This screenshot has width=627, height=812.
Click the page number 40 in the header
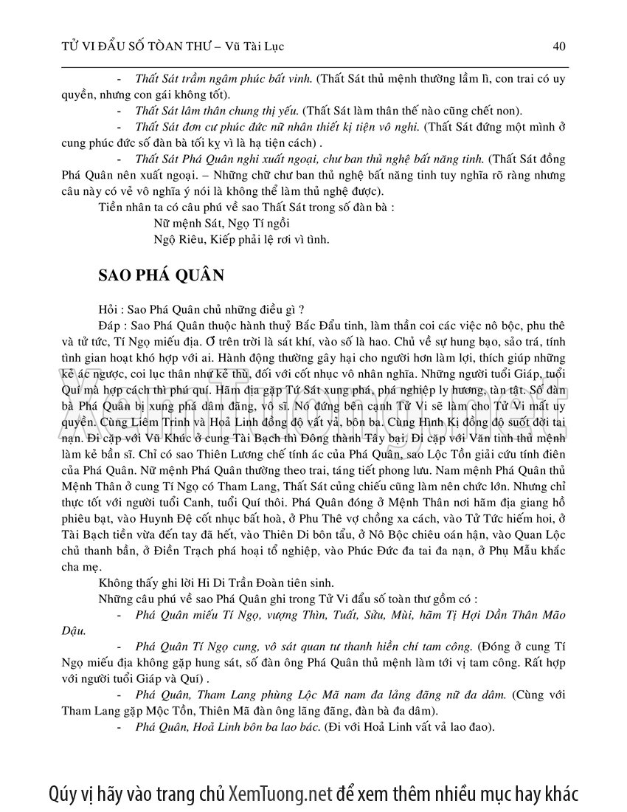pyautogui.click(x=559, y=47)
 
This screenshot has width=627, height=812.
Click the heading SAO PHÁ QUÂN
pyautogui.click(x=162, y=275)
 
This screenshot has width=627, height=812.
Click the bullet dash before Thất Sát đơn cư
pyautogui.click(x=120, y=128)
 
